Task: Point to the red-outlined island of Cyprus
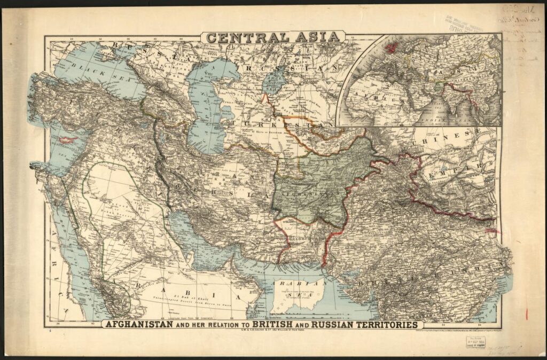pyautogui.click(x=68, y=140)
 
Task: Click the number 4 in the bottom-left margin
pyautogui.click(x=49, y=332)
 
